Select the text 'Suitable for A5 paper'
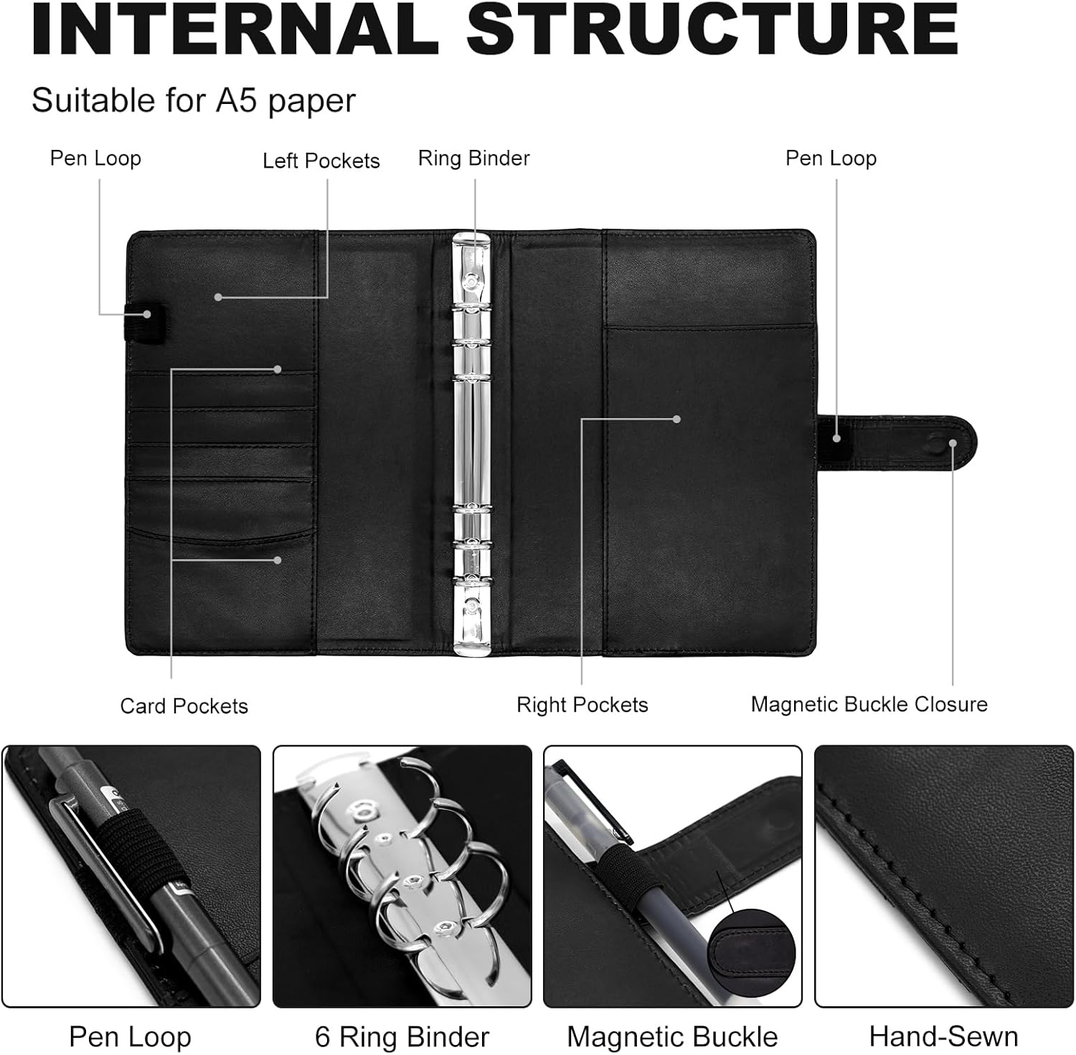tap(193, 100)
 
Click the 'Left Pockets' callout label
tap(321, 161)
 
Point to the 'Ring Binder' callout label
tap(473, 159)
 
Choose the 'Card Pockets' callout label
tap(184, 706)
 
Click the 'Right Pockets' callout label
tap(582, 705)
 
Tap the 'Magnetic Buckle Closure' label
tap(869, 704)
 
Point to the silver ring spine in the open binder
tap(473, 445)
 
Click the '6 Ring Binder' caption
tap(402, 1037)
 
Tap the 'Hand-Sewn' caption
tap(943, 1037)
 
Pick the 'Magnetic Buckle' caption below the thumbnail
tap(672, 1037)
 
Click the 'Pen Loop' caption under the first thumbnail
tap(130, 1037)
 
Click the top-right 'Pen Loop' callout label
tap(831, 159)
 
